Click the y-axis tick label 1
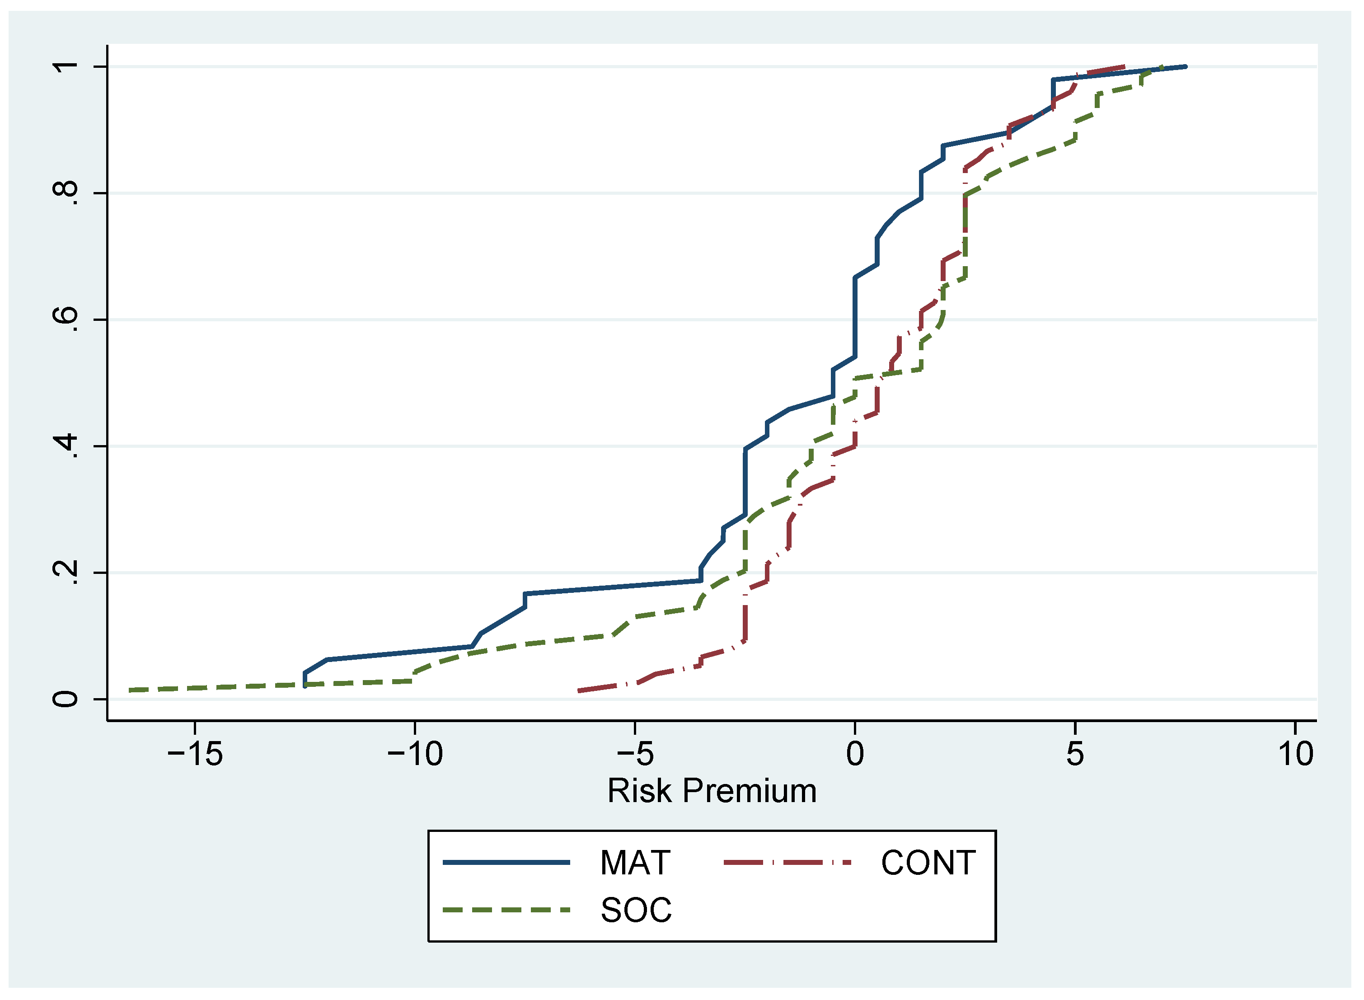point(66,66)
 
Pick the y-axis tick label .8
point(66,193)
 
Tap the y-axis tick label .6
point(66,319)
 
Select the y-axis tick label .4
point(66,446)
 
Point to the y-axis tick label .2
point(66,573)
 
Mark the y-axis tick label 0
point(66,699)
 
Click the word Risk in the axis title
point(640,792)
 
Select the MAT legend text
point(635,863)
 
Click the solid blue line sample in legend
point(506,863)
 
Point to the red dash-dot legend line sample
point(788,863)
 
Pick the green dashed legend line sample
point(506,910)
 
